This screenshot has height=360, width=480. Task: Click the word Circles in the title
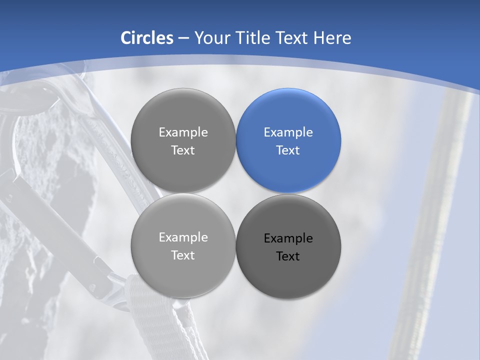146,38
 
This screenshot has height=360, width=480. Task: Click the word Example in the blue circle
288,132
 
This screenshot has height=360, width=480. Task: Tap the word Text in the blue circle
288,150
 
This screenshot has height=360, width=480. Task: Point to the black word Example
288,238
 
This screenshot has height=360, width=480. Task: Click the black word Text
288,256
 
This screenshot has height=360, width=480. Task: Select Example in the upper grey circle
183,132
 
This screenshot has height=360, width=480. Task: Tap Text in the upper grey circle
183,150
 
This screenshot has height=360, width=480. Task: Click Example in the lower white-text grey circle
183,237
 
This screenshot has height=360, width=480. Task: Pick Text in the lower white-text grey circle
183,255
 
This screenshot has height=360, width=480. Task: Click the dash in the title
183,38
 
